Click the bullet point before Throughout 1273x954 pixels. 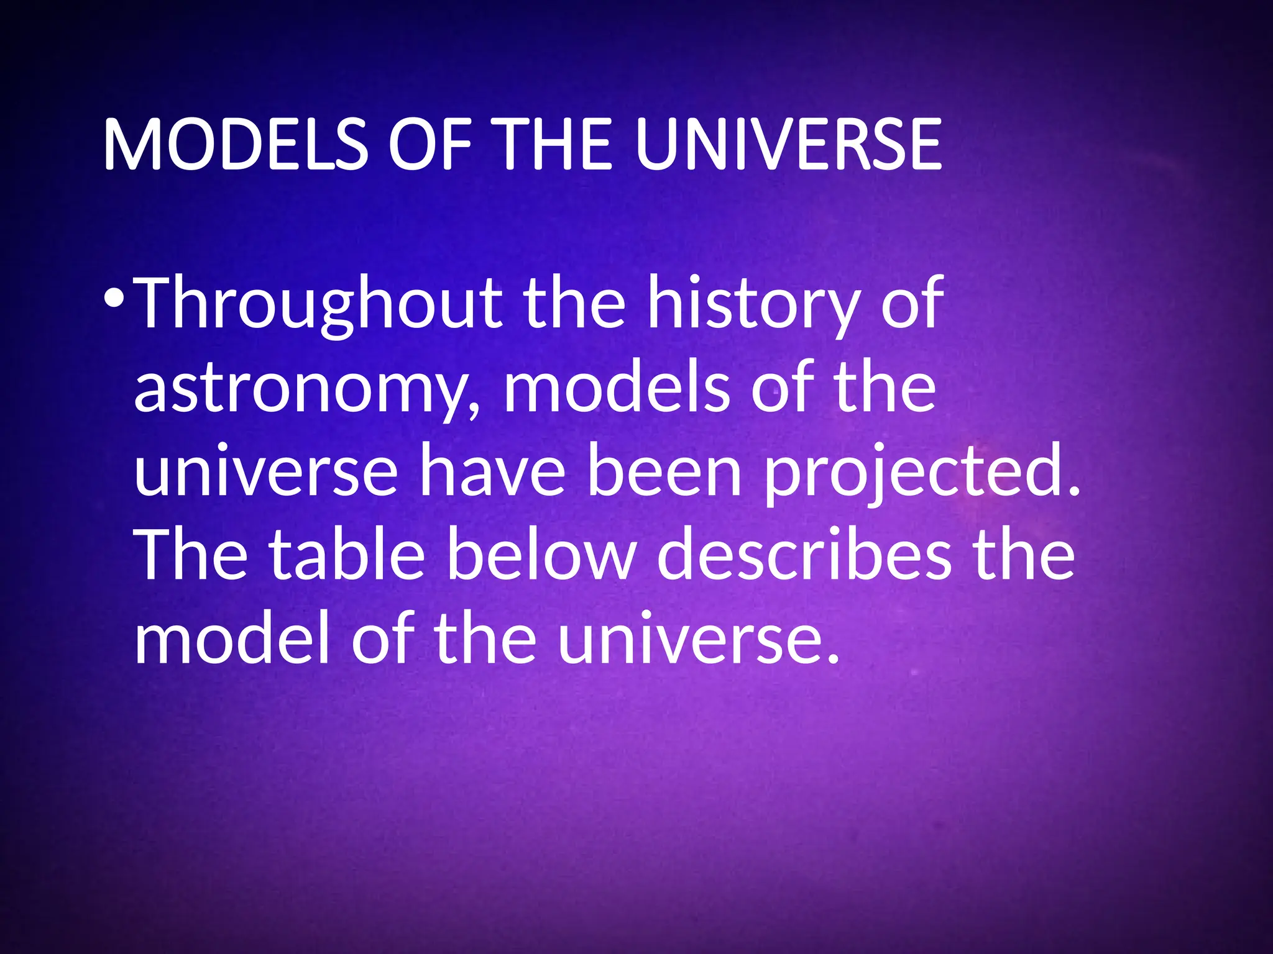(114, 299)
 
